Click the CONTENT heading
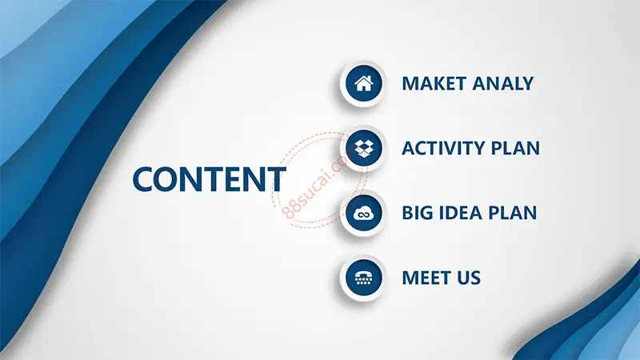[209, 179]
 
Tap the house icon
[363, 83]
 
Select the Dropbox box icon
[363, 148]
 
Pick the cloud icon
[363, 213]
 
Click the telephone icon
[363, 278]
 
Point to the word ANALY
[503, 84]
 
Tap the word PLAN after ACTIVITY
[515, 148]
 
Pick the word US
[469, 278]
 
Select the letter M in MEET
[410, 278]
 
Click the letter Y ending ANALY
[527, 84]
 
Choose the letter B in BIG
[407, 213]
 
